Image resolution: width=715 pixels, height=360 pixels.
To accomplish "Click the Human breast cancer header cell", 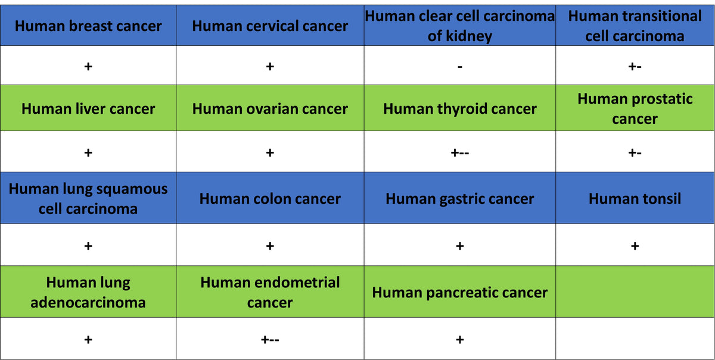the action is point(88,26).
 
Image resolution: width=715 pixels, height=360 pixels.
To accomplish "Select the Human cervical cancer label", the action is point(270,26).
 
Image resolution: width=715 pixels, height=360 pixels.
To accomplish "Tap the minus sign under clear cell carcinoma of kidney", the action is point(460,67).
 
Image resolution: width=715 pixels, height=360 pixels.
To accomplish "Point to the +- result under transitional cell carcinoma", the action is point(635,66).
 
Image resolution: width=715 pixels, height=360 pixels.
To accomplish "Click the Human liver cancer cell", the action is point(88,108).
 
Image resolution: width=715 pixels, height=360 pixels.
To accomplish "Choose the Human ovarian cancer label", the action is point(270,108).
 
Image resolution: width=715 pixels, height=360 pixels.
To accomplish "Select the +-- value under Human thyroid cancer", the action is point(460,153).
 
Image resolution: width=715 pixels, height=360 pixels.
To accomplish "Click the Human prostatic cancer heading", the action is point(635,108).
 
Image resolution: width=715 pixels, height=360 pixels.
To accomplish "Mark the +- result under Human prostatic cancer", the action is point(635,153).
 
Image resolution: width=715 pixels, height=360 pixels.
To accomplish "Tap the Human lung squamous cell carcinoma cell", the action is point(88,198).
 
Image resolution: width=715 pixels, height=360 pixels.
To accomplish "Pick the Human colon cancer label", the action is point(270,198).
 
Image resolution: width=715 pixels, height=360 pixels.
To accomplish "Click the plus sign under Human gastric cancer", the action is point(460,246).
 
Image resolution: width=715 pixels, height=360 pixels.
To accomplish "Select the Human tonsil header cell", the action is point(635,198).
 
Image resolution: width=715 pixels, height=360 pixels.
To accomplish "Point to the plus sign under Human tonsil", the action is point(635,246).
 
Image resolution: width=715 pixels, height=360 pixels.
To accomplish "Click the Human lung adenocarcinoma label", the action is point(88,292).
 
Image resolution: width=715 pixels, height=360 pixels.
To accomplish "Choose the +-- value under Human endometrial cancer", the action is point(270,340).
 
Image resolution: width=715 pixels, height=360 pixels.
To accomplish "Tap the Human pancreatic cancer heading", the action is point(460,293).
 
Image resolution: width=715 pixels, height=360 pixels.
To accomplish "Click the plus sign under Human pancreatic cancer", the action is point(460,340).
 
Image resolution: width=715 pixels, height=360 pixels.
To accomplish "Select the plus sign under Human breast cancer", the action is point(88,66).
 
